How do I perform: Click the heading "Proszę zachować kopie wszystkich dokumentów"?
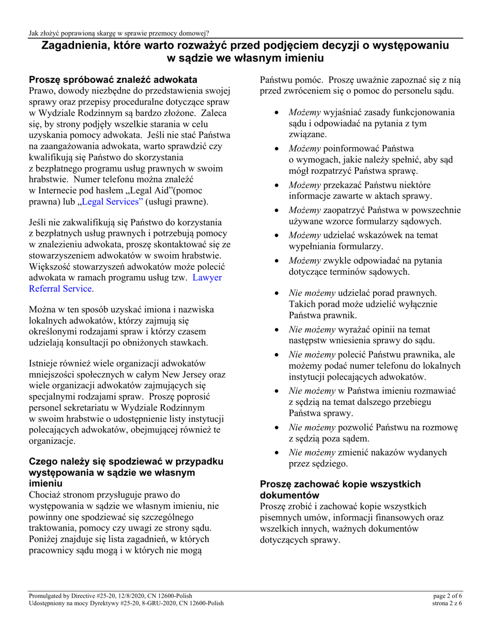(340, 490)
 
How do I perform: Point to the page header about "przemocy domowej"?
(119, 34)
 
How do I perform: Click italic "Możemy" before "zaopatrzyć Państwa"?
(305, 210)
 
